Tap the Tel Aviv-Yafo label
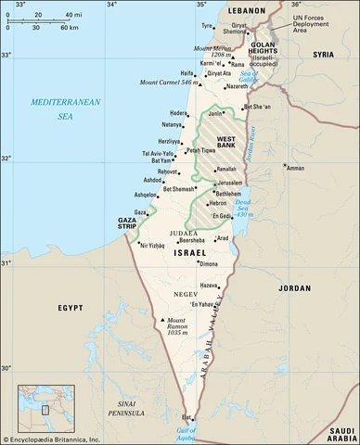click(157, 153)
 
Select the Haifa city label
click(186, 72)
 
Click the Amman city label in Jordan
click(296, 169)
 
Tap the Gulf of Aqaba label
click(186, 432)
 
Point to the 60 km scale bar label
click(68, 28)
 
